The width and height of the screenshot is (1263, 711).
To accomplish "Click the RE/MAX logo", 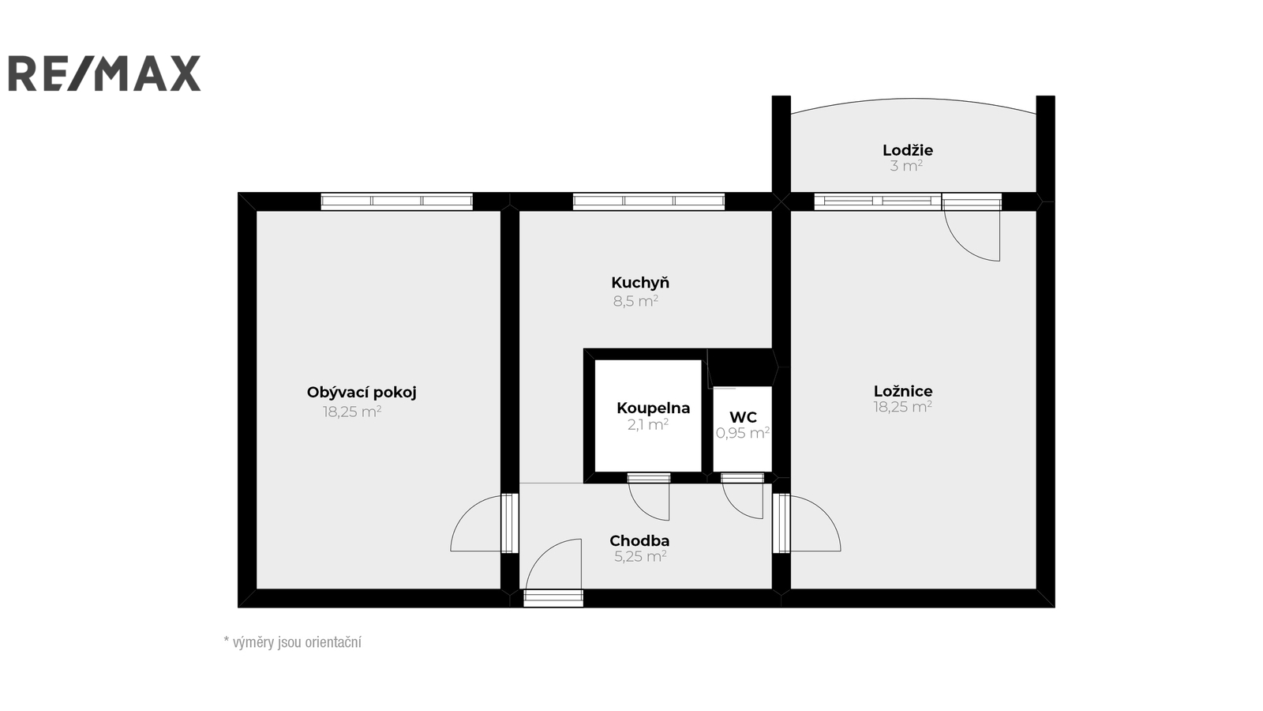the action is click(x=104, y=73).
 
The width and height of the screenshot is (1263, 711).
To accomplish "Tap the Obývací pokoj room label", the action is click(x=362, y=392).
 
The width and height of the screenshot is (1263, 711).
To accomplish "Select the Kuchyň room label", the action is click(x=640, y=282).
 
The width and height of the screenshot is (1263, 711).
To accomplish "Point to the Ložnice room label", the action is click(x=903, y=391).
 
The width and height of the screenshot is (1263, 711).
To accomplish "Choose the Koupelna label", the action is click(x=653, y=408).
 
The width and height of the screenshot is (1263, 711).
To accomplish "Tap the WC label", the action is click(x=743, y=417).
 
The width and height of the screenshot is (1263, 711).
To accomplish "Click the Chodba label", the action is click(x=639, y=540).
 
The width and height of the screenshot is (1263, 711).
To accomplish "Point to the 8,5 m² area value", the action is click(x=635, y=301).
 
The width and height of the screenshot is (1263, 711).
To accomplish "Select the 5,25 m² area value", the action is click(x=640, y=556).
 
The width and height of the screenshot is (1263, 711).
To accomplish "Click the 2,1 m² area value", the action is click(x=648, y=424).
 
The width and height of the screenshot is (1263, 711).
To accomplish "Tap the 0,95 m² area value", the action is click(x=743, y=433).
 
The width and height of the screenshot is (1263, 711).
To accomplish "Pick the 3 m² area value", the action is click(x=906, y=166).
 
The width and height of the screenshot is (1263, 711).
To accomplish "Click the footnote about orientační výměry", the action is click(x=293, y=642).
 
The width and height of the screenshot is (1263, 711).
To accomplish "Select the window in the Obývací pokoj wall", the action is click(x=397, y=201).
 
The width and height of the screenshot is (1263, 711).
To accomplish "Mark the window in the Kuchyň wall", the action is click(x=649, y=201).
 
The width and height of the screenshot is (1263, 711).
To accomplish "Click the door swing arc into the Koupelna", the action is click(x=642, y=510).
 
